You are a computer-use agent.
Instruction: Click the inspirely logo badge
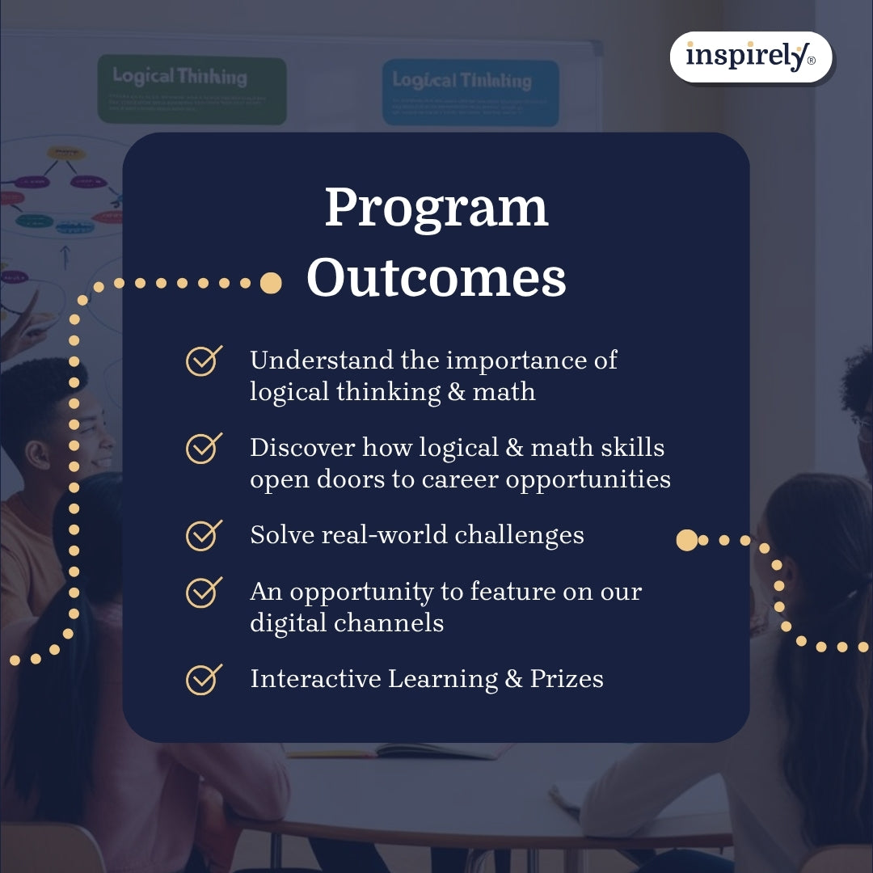tap(750, 57)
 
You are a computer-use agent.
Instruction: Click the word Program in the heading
tap(436, 208)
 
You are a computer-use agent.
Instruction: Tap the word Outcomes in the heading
tap(436, 278)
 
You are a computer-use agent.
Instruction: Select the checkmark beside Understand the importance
tap(204, 361)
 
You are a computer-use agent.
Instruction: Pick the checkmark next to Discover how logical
tap(204, 448)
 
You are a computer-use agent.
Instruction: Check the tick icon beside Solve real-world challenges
tap(204, 535)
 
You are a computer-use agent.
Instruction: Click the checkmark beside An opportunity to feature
tap(204, 592)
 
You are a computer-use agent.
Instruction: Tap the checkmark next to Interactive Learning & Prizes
tap(204, 679)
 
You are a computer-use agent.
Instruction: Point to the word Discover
tap(302, 448)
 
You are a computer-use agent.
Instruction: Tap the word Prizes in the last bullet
tap(567, 679)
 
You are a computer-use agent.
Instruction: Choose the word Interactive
tap(316, 679)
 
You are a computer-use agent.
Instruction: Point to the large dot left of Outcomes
tap(271, 283)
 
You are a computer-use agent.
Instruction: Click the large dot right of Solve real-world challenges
tap(686, 540)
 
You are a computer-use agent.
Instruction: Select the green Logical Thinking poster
tap(192, 90)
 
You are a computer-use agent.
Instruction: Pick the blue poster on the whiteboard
tap(470, 92)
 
